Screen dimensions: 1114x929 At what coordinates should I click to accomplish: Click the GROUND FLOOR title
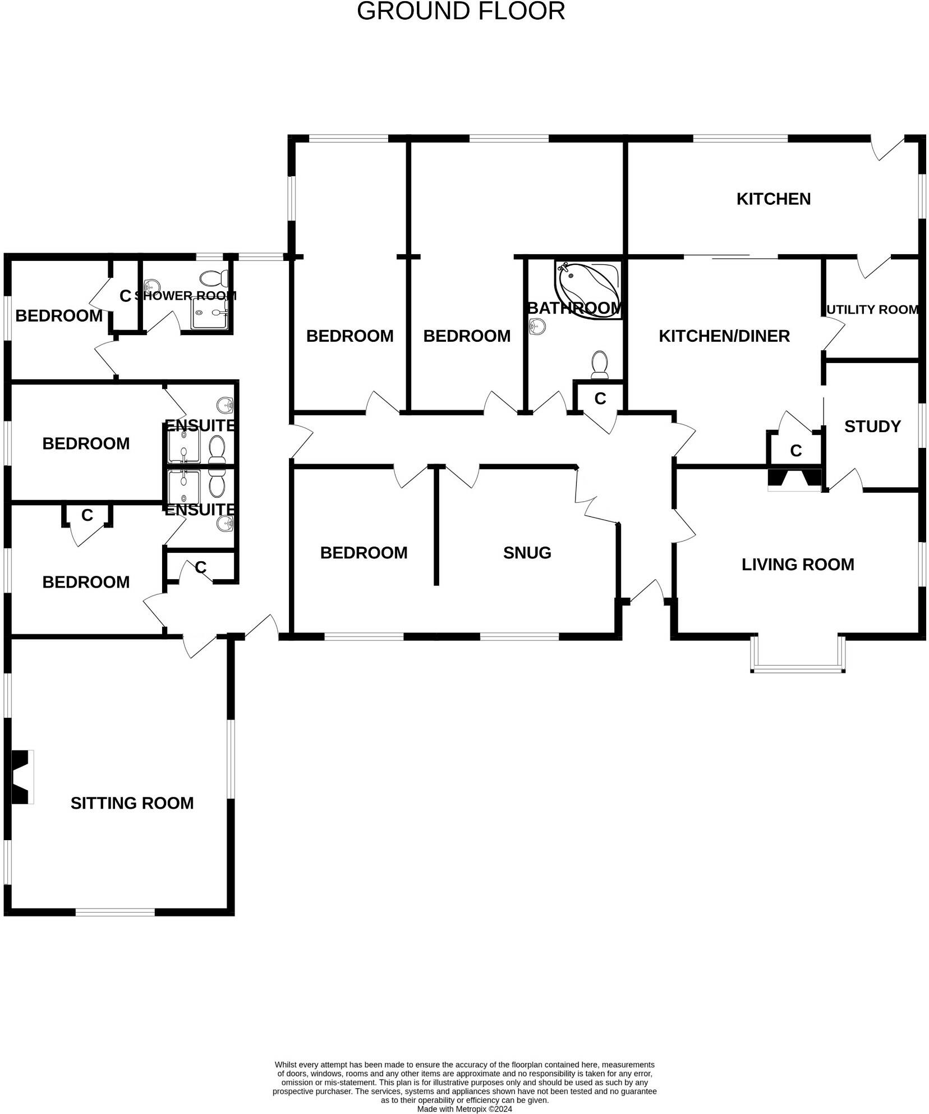tap(461, 12)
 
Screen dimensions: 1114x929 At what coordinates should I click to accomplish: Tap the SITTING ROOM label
tap(132, 803)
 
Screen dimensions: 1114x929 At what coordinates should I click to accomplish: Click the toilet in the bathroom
tap(600, 365)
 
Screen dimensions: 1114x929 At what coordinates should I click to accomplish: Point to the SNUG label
tap(527, 553)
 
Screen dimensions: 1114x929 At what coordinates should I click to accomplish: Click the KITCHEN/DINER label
tap(724, 336)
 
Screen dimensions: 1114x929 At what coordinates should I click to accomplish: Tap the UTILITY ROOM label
tap(872, 309)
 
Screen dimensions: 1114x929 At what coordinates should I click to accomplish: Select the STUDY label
tap(872, 427)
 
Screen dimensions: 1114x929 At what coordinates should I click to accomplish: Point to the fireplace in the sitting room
tap(21, 777)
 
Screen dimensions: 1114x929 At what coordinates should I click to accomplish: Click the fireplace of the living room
tap(794, 479)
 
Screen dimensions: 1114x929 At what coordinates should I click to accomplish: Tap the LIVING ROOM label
tap(797, 564)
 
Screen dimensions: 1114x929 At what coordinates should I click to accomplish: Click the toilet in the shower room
tap(214, 277)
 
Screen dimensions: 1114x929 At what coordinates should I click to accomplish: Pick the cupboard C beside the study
tap(795, 450)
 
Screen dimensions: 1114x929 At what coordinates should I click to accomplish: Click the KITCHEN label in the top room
tap(773, 199)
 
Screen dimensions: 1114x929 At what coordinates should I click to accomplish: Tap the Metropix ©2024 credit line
tap(464, 1109)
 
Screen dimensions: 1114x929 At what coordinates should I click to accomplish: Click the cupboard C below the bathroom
tap(600, 398)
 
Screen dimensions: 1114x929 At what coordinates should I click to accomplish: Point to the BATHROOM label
tap(574, 308)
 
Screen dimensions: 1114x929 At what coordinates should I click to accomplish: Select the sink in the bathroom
tap(537, 326)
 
